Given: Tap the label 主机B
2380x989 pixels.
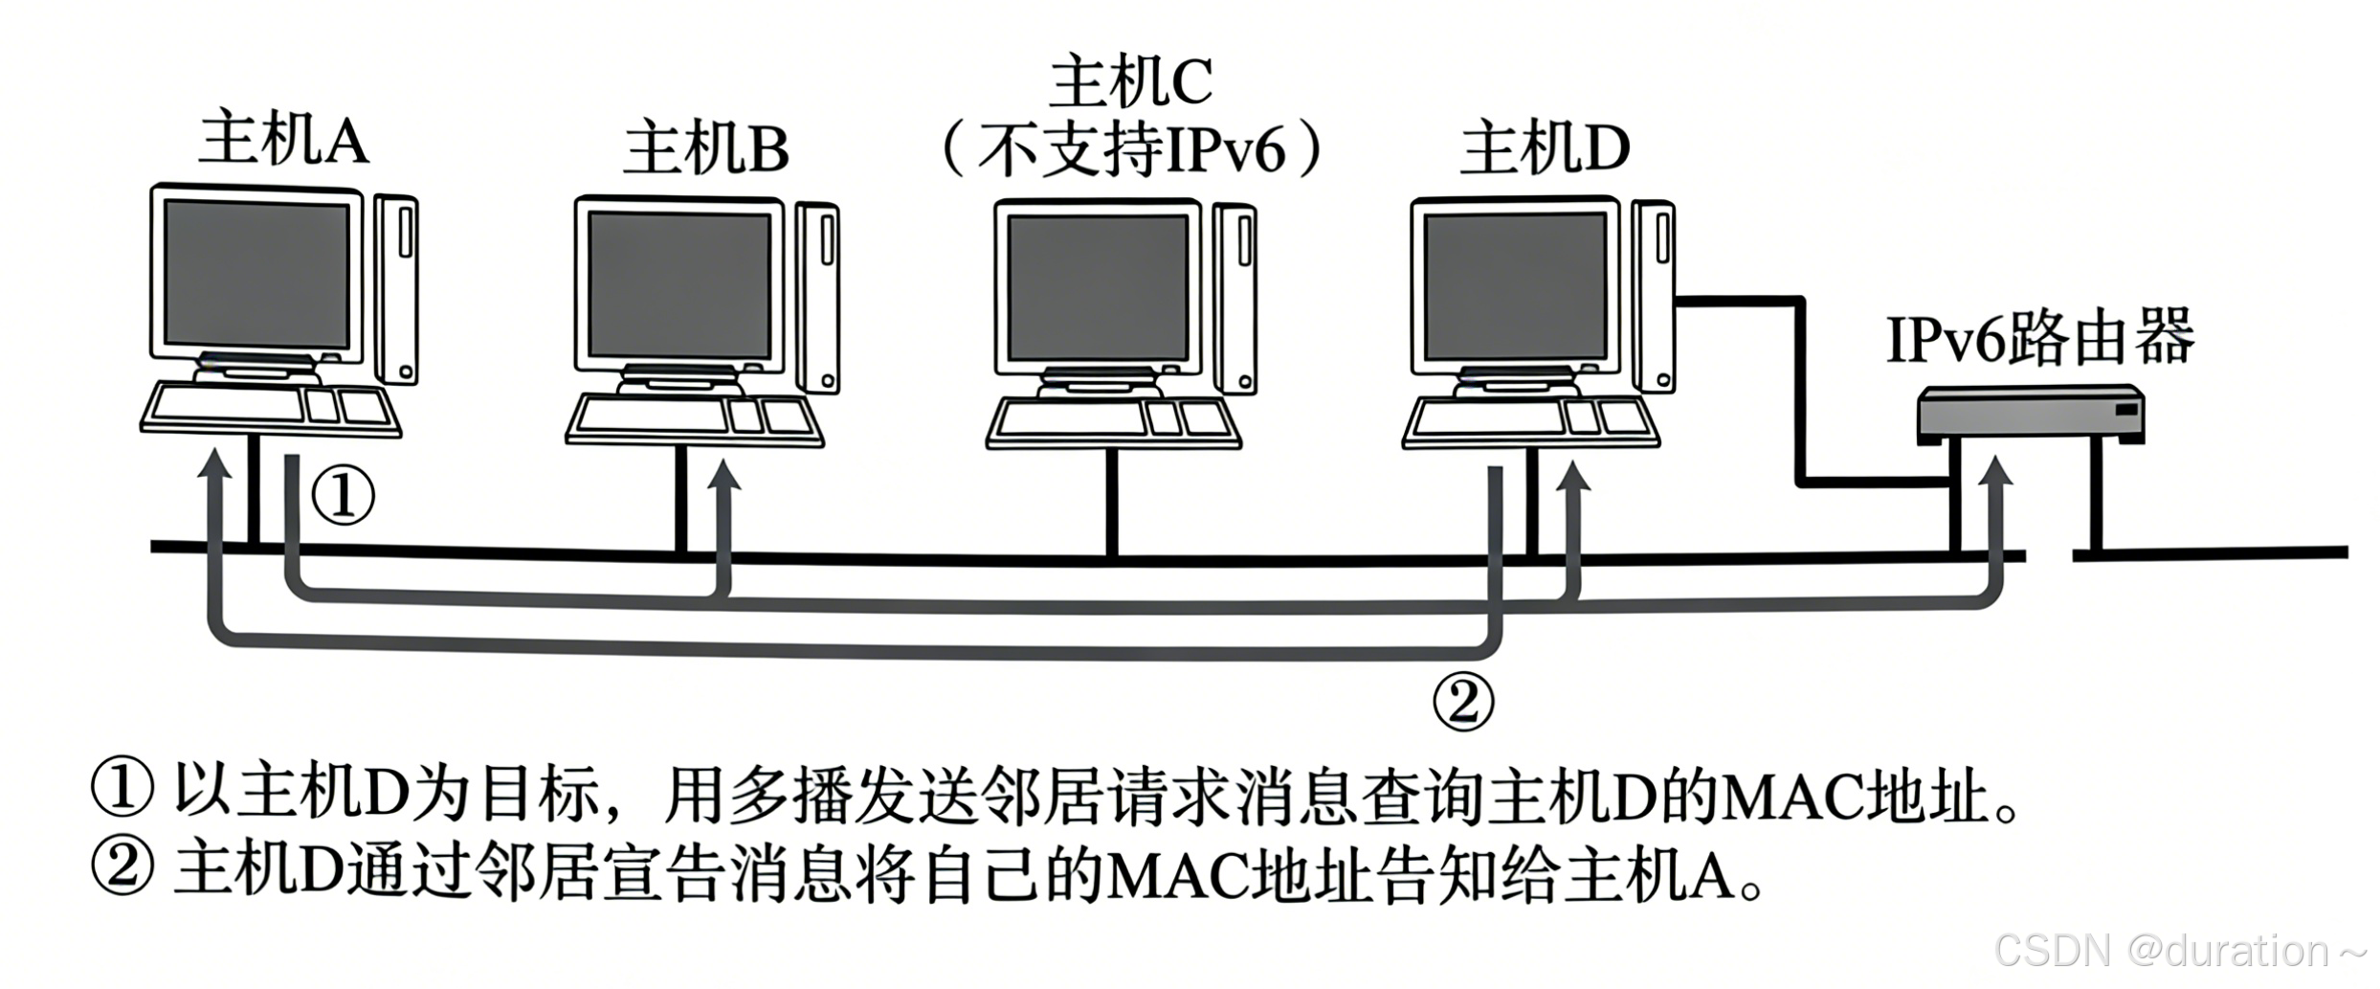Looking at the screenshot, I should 706,149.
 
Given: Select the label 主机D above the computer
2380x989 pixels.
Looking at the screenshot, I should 1545,149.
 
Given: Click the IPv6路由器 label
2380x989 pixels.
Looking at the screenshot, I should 2039,339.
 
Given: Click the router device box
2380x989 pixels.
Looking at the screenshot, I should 2030,414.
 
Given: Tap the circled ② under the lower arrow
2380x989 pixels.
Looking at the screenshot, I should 1462,703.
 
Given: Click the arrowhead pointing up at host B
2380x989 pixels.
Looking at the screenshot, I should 725,476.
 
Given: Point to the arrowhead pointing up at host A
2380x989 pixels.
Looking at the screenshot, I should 215,461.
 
